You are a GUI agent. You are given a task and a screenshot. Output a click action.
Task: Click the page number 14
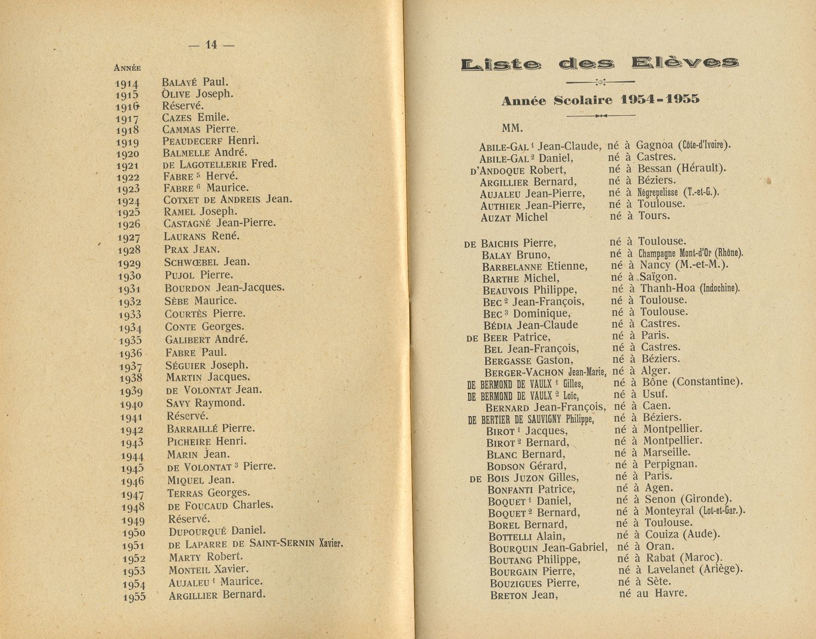(211, 45)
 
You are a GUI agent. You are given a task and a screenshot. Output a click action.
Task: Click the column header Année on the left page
(127, 68)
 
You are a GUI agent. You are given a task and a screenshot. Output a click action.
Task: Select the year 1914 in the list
(127, 84)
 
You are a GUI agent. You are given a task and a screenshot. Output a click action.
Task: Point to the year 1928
(130, 250)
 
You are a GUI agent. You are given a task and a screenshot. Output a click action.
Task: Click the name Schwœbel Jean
(207, 262)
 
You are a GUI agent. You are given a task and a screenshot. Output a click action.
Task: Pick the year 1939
(131, 392)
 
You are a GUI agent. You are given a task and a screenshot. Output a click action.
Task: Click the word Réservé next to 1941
(187, 416)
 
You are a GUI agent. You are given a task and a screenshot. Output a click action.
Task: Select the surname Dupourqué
(197, 531)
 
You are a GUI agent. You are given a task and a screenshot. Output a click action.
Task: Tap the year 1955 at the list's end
(134, 597)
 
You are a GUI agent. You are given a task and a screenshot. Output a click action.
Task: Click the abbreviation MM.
(512, 129)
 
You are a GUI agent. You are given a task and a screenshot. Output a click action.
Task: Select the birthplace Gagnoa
(654, 145)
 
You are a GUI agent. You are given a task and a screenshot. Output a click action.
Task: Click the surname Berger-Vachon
(524, 373)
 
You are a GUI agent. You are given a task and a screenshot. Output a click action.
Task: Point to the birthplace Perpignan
(670, 464)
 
